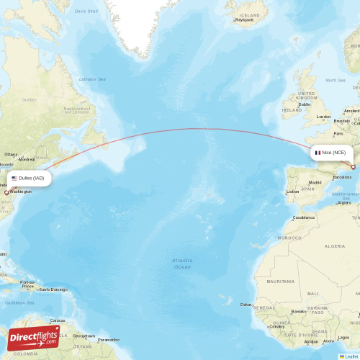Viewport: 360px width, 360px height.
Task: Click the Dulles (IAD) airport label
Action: pyautogui.click(x=32, y=178)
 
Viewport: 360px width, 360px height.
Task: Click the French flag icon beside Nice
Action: pyautogui.click(x=318, y=153)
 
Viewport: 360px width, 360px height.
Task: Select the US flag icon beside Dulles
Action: pyautogui.click(x=14, y=178)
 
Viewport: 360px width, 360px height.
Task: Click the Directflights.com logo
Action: pyautogui.click(x=34, y=338)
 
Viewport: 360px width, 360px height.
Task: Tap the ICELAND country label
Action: pyautogui.click(x=251, y=14)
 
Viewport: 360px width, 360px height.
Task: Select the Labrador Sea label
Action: pyautogui.click(x=91, y=79)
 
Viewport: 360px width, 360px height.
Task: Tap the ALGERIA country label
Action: pyautogui.click(x=336, y=246)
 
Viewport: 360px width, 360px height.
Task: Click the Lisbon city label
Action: pyautogui.click(x=292, y=192)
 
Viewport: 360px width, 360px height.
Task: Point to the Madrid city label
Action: pyautogui.click(x=315, y=182)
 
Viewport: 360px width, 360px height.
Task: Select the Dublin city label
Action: pyautogui.click(x=305, y=104)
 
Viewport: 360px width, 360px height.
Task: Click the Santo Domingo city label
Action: pyautogui.click(x=54, y=289)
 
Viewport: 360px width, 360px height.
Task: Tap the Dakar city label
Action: pyautogui.click(x=246, y=305)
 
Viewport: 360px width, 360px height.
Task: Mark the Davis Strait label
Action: pyautogui.click(x=87, y=12)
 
